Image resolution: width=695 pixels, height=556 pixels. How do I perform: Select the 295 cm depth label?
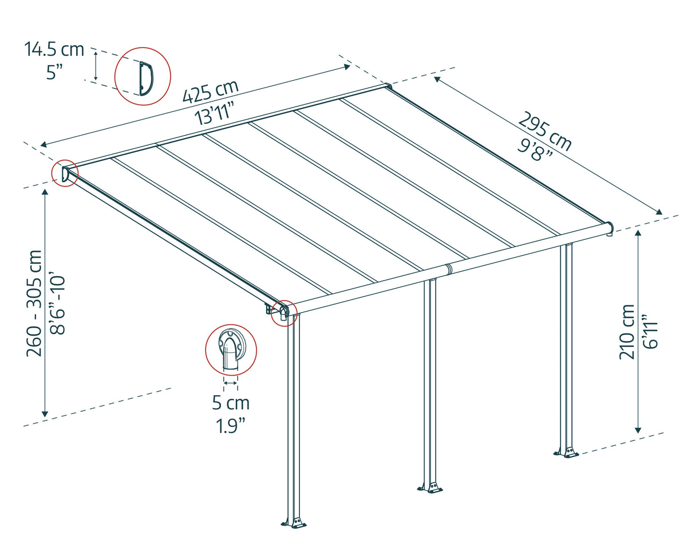coord(544,132)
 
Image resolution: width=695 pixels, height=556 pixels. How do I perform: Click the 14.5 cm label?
coord(54,49)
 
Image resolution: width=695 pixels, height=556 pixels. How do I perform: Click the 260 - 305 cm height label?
coord(34,302)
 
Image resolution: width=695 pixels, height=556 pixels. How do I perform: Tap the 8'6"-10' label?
coord(57,304)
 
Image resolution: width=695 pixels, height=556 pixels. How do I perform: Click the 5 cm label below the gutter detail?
coord(231,403)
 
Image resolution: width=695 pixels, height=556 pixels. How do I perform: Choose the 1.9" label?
coord(231,426)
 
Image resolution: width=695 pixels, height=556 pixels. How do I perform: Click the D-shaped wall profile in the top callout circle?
coord(145,78)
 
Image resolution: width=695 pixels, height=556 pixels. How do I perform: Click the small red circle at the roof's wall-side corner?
coord(65,173)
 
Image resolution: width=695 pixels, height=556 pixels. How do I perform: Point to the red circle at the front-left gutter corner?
coord(284,313)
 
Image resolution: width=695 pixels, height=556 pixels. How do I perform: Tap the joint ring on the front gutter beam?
coord(448,269)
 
